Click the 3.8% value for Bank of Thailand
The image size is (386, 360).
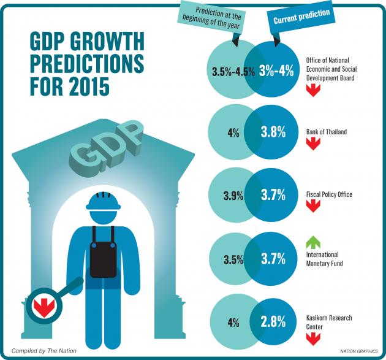[273, 131]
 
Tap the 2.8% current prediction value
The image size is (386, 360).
[273, 323]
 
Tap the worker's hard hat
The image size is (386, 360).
[102, 203]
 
